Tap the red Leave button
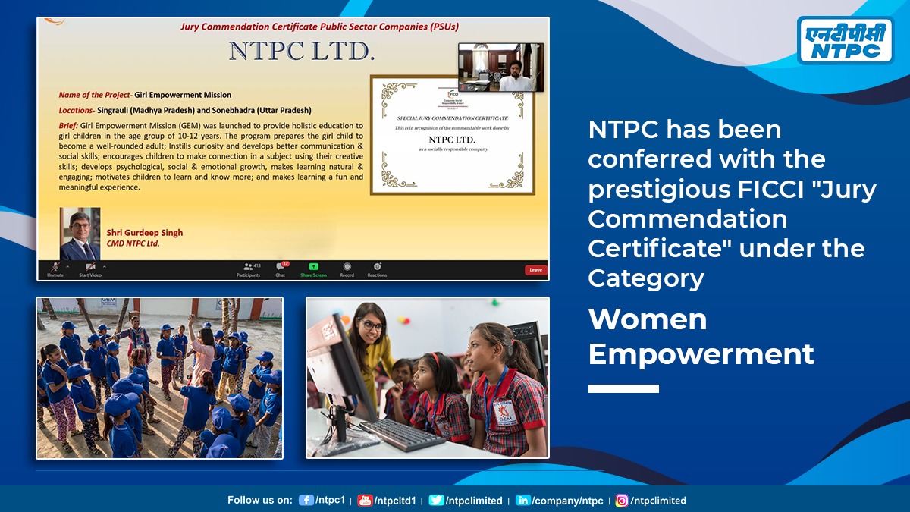pos(535,269)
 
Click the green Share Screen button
pos(313,268)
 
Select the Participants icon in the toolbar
pos(248,267)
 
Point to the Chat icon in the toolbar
pos(281,267)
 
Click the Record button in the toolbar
pos(347,267)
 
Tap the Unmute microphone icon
pos(55,267)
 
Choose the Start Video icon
pos(90,267)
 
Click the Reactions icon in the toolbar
pos(377,267)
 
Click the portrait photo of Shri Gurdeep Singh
pos(80,234)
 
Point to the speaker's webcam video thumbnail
pos(500,68)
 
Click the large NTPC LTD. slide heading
pos(302,52)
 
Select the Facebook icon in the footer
pos(306,501)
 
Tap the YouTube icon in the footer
pos(365,501)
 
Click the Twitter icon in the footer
pos(436,501)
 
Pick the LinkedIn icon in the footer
pos(523,501)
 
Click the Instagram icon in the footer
pos(622,501)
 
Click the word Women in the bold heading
pos(647,319)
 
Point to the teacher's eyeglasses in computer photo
pos(372,326)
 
